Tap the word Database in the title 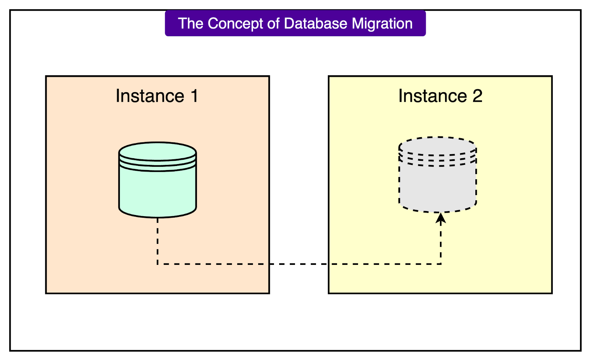[x=316, y=24]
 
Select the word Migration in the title [x=382, y=24]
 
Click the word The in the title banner [x=191, y=24]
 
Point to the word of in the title [x=273, y=24]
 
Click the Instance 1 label [x=157, y=96]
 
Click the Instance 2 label [x=440, y=96]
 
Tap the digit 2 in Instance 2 [x=478, y=96]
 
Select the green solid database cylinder [x=157, y=188]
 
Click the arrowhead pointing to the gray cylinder [x=441, y=218]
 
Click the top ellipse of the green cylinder [x=157, y=151]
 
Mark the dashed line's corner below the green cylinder [x=157, y=264]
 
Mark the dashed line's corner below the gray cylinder [x=441, y=264]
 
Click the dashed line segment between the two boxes [x=299, y=264]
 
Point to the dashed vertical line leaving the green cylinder [x=157, y=240]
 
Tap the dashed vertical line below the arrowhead [x=441, y=243]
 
